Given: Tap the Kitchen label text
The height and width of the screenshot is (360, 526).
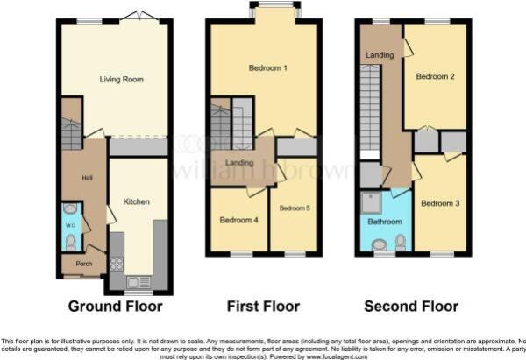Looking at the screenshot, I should point(136,201).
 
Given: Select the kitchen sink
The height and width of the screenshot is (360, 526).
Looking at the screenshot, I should point(135,281).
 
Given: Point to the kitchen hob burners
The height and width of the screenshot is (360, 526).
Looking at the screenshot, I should point(117,263).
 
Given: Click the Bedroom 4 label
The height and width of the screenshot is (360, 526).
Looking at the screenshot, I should point(238,220).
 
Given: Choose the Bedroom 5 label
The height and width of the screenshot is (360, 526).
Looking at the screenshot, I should point(293,208).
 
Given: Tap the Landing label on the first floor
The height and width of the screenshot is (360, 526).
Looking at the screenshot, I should point(238,163).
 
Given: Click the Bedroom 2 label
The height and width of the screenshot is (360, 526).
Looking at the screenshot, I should point(435,76).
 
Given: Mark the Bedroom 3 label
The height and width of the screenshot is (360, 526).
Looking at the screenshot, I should point(440,203).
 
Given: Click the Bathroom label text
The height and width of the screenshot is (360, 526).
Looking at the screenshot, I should point(384,222).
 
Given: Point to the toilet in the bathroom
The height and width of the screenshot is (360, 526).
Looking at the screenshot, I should point(401,241).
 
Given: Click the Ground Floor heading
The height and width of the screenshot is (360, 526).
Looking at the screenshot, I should point(117,307).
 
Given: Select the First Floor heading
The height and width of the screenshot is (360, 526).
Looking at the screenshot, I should point(263,307).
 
